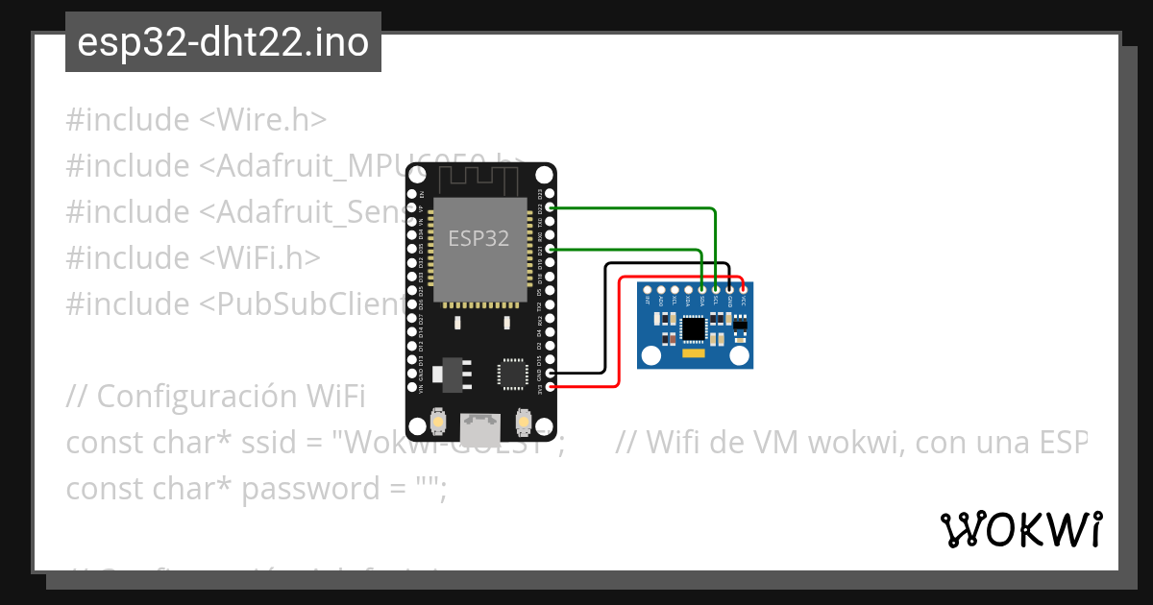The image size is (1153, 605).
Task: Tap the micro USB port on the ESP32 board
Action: click(x=480, y=423)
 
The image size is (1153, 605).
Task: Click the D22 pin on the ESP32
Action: click(x=551, y=206)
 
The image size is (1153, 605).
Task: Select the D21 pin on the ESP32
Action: click(x=551, y=249)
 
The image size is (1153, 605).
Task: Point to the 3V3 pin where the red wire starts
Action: click(x=551, y=387)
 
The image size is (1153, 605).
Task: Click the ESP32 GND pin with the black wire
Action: click(x=551, y=373)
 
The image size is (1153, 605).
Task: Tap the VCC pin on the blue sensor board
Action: click(x=744, y=289)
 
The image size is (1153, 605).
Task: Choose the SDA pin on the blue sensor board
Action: click(x=703, y=289)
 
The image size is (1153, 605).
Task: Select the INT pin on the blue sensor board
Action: click(x=649, y=289)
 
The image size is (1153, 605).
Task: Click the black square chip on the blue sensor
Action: click(x=693, y=329)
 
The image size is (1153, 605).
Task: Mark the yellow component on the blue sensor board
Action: click(x=693, y=354)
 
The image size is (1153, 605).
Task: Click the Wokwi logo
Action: click(x=1021, y=529)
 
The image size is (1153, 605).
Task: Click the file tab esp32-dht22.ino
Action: click(x=223, y=42)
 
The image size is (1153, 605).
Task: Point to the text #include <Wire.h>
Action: click(x=196, y=120)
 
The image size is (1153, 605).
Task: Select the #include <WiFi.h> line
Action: click(x=193, y=257)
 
